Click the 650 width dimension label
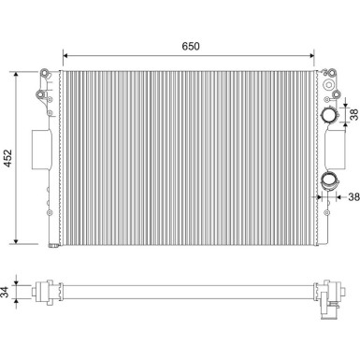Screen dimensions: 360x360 point(189,45)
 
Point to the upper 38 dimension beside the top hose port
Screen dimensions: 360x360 point(353,114)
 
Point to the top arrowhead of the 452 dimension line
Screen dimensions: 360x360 point(18,71)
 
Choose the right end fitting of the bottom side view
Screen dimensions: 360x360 point(328,298)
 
